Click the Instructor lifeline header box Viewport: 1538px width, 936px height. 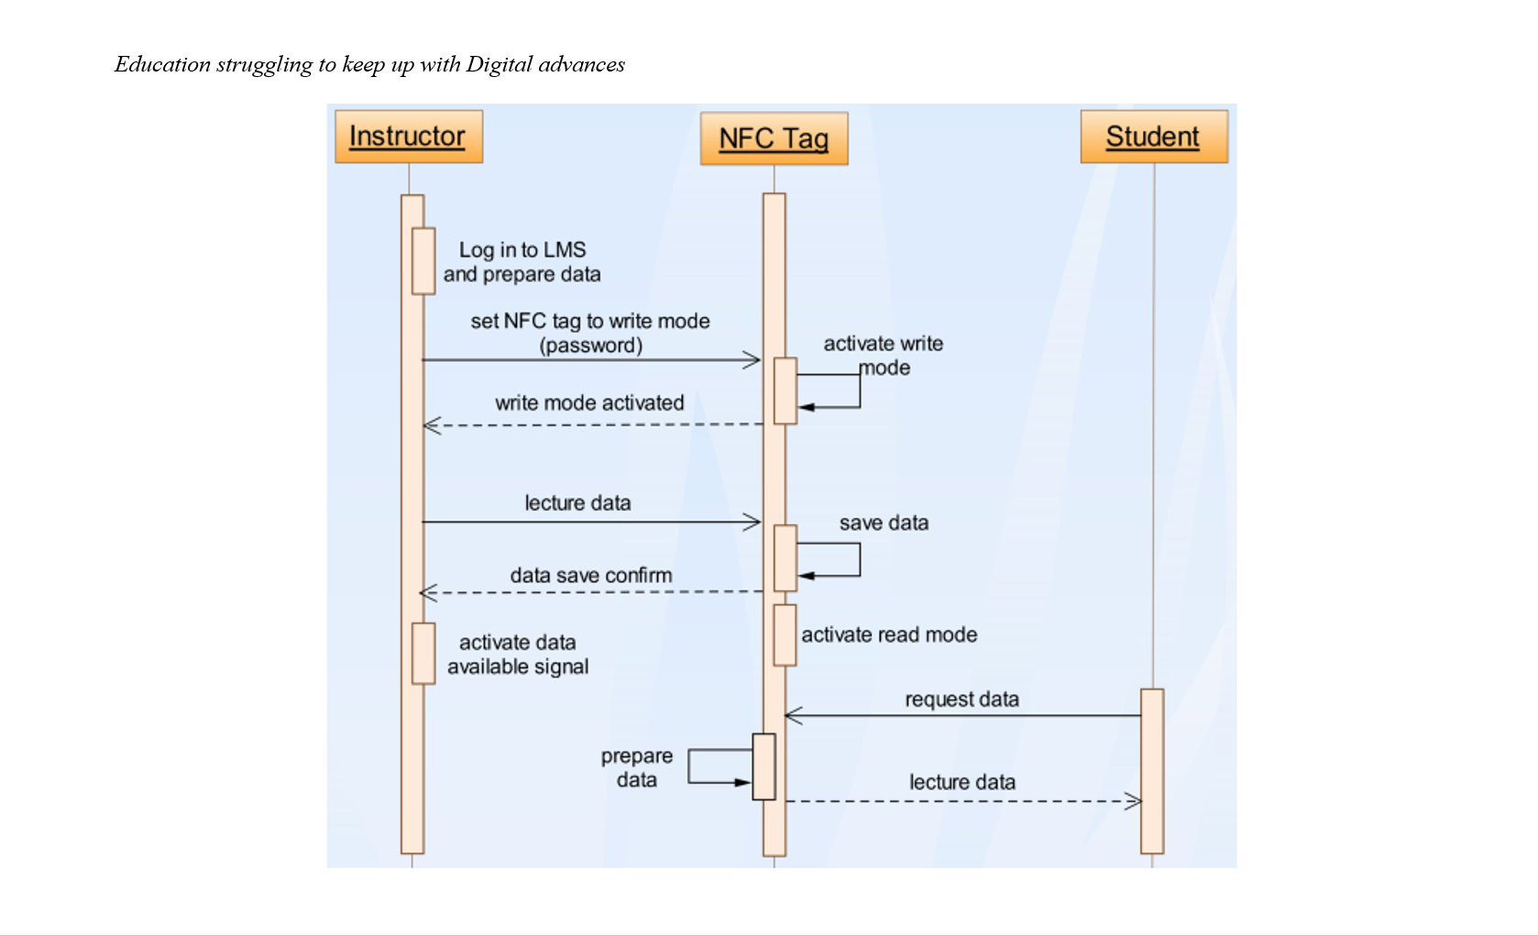pyautogui.click(x=408, y=137)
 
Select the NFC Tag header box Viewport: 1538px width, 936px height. pyautogui.click(x=774, y=138)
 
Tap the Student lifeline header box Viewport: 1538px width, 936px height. pyautogui.click(x=1153, y=137)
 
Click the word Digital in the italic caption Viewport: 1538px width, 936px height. pyautogui.click(x=499, y=64)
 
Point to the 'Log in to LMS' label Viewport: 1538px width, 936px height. pyautogui.click(x=522, y=250)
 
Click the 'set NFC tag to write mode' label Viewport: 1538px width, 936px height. pyautogui.click(x=590, y=321)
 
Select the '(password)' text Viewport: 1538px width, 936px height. pyautogui.click(x=590, y=346)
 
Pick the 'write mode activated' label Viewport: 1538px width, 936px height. pyautogui.click(x=589, y=402)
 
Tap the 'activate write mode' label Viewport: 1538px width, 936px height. pyautogui.click(x=883, y=355)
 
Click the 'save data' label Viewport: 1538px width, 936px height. pyautogui.click(x=884, y=523)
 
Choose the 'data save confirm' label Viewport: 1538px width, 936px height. pyautogui.click(x=591, y=575)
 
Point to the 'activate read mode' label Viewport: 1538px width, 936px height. pyautogui.click(x=889, y=634)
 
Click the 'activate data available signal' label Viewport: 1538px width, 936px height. pyautogui.click(x=518, y=655)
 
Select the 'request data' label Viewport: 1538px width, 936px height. pyautogui.click(x=961, y=699)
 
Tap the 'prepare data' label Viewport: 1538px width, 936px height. pyautogui.click(x=636, y=767)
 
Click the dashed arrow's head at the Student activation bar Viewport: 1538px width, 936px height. pyautogui.click(x=1135, y=801)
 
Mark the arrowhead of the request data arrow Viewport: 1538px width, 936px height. pyautogui.click(x=793, y=715)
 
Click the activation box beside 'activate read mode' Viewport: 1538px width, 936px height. pyautogui.click(x=785, y=634)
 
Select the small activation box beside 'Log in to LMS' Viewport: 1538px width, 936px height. pyautogui.click(x=423, y=261)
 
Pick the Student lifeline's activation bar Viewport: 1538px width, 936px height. pyautogui.click(x=1152, y=771)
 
